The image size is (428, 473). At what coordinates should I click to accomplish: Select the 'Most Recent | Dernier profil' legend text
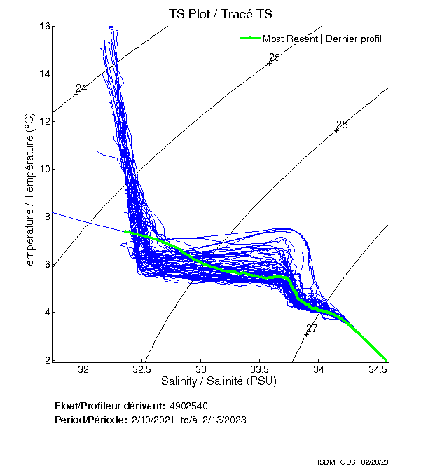(x=322, y=39)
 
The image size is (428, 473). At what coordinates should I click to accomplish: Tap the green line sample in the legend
(x=249, y=39)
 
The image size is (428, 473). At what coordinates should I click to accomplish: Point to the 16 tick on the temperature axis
(x=45, y=26)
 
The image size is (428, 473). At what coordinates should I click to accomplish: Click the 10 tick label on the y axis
(x=45, y=169)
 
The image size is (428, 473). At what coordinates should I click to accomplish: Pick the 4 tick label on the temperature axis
(x=47, y=312)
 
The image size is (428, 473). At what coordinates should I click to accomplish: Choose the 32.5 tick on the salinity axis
(x=142, y=369)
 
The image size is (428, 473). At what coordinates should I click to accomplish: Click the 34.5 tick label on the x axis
(x=378, y=369)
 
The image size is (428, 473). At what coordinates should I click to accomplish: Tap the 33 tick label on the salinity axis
(x=201, y=369)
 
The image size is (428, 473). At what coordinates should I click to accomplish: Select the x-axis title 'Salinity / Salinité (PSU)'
(x=220, y=382)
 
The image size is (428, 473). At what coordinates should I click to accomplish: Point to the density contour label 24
(x=81, y=88)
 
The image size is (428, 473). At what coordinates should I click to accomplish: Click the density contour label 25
(x=275, y=57)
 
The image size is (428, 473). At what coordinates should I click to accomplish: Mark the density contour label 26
(x=342, y=125)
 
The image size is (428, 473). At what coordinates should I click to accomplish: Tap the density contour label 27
(x=312, y=328)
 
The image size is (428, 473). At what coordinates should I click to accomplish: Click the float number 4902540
(x=188, y=406)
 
